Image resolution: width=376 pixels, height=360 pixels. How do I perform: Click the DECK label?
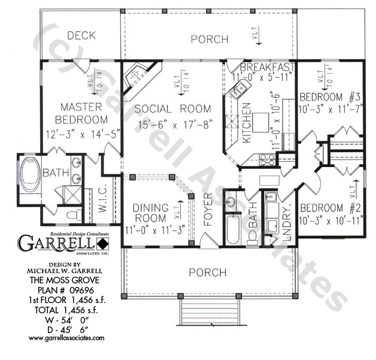[x=81, y=35]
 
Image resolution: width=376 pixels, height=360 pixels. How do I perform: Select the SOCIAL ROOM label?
[x=172, y=108]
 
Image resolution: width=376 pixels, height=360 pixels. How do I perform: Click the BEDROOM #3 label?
[x=330, y=97]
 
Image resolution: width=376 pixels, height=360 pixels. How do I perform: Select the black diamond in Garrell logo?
[x=103, y=244]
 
